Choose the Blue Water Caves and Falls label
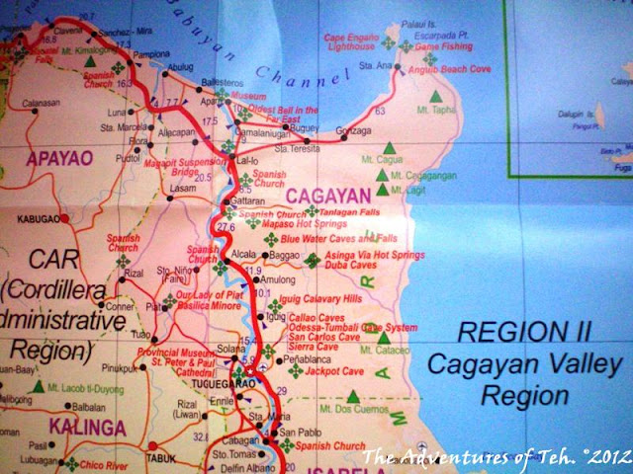coord(337,239)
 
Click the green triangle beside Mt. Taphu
coord(434,98)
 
